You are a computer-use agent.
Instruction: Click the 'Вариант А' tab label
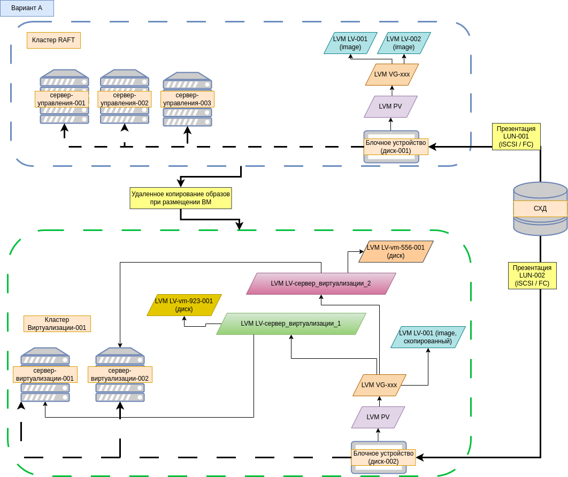click(27, 8)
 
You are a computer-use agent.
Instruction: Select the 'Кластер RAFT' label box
click(53, 40)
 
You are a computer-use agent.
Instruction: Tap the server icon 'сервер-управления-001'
click(64, 97)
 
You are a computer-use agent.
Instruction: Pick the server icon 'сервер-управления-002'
click(125, 97)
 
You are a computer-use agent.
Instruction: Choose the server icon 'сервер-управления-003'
click(187, 99)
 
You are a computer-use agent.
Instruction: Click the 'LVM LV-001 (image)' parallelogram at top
click(350, 43)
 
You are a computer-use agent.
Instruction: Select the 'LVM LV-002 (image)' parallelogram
click(404, 43)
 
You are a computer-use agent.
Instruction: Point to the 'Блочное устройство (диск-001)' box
click(396, 147)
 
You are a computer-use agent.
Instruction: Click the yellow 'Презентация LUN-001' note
click(516, 136)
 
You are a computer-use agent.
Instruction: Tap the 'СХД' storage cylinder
click(540, 209)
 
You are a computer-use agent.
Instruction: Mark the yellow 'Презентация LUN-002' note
click(532, 275)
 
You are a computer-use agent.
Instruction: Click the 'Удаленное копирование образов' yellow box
click(181, 198)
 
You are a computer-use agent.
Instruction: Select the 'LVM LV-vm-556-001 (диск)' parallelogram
click(396, 251)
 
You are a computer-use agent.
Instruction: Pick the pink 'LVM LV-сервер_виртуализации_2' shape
click(321, 283)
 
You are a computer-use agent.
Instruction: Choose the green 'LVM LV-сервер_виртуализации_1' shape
click(291, 324)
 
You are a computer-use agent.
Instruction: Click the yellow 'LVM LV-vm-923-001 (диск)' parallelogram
click(184, 305)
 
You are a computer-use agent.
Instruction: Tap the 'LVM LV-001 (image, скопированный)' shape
click(428, 337)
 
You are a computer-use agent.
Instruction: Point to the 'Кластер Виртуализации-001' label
click(57, 324)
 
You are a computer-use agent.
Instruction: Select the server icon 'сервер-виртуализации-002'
click(120, 374)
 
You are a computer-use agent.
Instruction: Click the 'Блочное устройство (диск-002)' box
click(383, 457)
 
